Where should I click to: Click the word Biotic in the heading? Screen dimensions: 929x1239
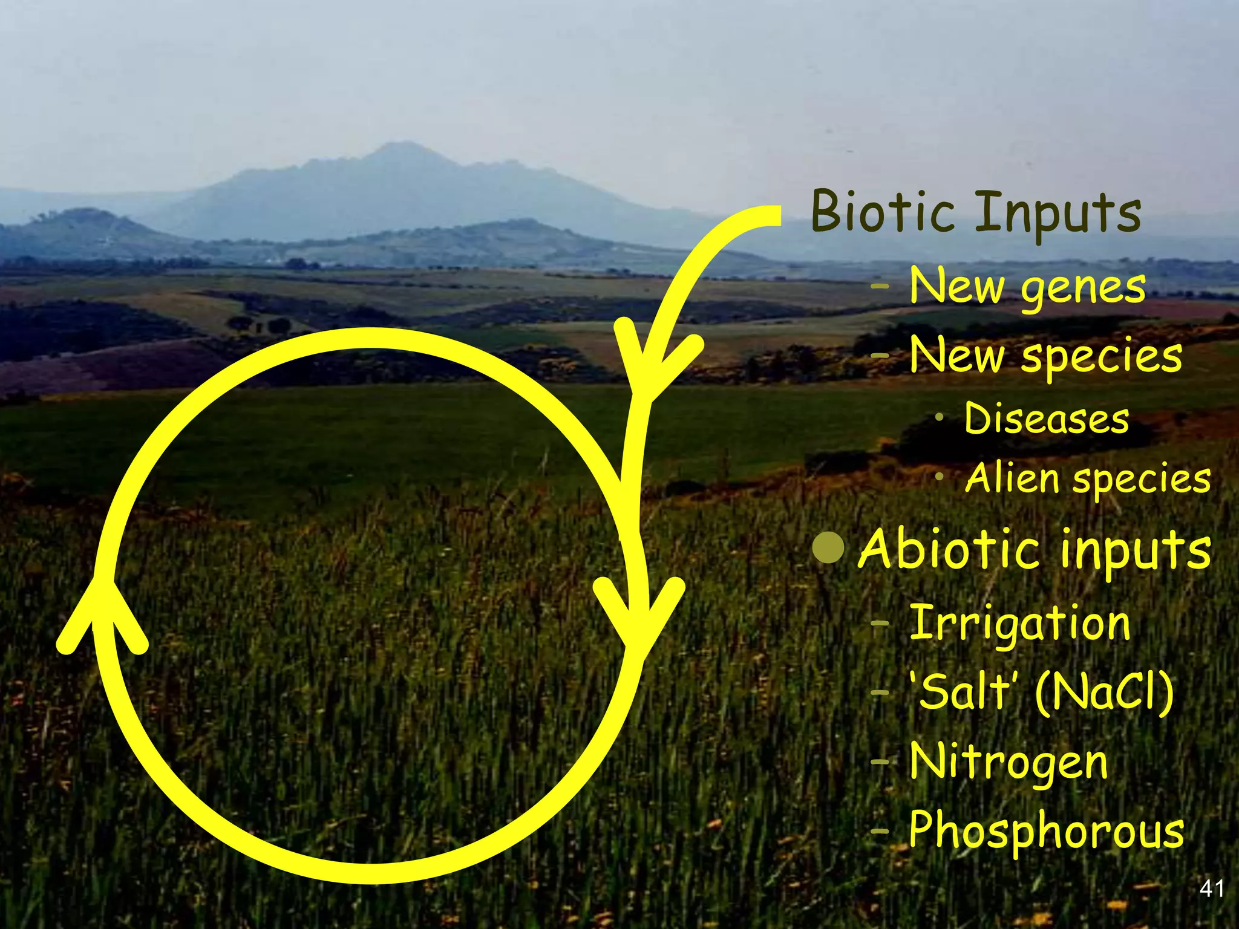coord(883,212)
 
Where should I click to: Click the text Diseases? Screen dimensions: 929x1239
coord(1047,419)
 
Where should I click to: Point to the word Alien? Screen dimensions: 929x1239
coord(1013,478)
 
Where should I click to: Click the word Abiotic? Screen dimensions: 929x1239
coord(949,549)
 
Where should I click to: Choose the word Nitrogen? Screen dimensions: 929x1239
coord(1009,762)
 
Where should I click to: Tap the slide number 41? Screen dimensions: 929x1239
coord(1211,889)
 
